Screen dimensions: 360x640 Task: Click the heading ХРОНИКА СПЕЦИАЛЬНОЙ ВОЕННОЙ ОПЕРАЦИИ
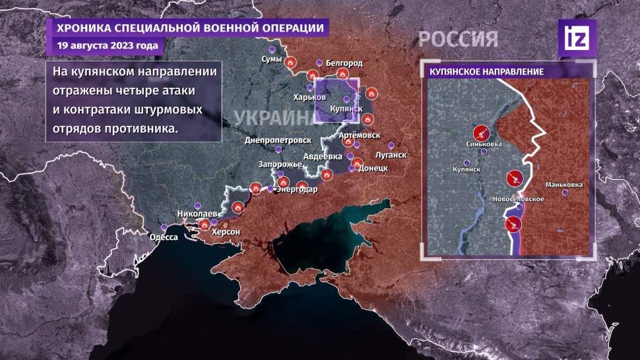pyautogui.click(x=190, y=28)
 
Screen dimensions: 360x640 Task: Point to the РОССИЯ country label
pyautogui.click(x=458, y=38)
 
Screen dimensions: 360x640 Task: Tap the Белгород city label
pyautogui.click(x=344, y=63)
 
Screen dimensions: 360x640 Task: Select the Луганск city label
pyautogui.click(x=389, y=156)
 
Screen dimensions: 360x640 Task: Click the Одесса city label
pyautogui.click(x=164, y=237)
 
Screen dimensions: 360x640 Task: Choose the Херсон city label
pyautogui.click(x=225, y=233)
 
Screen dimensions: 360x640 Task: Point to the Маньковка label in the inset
pyautogui.click(x=564, y=185)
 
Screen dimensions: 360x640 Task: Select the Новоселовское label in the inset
pyautogui.click(x=518, y=199)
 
